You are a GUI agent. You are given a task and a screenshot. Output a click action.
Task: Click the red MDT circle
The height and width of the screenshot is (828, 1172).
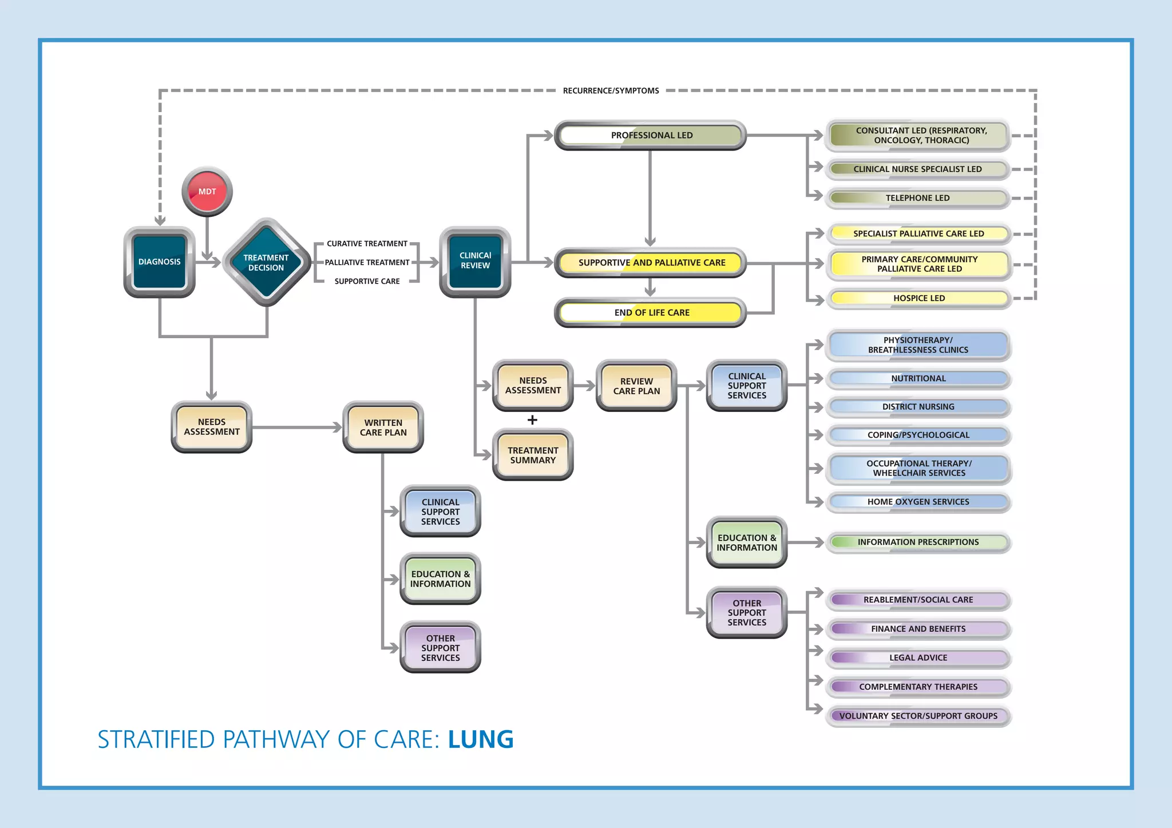click(x=207, y=192)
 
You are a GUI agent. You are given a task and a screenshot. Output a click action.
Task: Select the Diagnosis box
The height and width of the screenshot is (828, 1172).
click(x=160, y=262)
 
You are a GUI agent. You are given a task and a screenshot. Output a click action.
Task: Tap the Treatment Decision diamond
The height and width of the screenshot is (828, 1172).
click(x=266, y=263)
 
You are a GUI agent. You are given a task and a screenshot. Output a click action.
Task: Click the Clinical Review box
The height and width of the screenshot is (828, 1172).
click(x=475, y=262)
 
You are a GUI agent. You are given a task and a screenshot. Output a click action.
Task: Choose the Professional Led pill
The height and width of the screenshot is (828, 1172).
click(x=651, y=136)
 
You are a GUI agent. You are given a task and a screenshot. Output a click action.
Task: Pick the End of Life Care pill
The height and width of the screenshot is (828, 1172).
click(x=651, y=312)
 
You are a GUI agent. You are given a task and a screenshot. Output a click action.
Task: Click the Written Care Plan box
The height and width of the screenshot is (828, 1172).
click(x=383, y=427)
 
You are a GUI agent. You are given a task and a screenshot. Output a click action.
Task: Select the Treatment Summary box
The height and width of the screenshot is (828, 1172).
click(x=533, y=455)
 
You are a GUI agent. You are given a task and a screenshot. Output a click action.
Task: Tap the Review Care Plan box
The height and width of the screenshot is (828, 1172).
click(x=636, y=386)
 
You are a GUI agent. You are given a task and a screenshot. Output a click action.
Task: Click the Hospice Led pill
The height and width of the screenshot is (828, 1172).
click(x=919, y=298)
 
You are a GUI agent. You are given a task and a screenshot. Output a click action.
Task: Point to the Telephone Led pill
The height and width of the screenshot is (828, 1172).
click(x=917, y=198)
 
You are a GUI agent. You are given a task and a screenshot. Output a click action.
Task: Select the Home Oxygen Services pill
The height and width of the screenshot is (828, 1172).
click(x=918, y=502)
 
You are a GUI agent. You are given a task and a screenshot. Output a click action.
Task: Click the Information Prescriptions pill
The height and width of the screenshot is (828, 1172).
click(x=918, y=542)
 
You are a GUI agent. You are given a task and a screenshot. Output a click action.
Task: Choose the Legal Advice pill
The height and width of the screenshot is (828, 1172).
click(x=918, y=657)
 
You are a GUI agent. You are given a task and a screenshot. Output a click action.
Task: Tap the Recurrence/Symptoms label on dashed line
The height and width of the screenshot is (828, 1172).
click(x=611, y=90)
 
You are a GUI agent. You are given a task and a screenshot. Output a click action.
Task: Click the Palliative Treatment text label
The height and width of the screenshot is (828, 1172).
click(x=367, y=263)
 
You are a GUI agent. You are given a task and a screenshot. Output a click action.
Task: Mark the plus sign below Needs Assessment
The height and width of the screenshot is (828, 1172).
click(x=532, y=420)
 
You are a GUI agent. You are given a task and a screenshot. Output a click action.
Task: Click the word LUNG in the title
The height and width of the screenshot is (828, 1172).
click(x=481, y=739)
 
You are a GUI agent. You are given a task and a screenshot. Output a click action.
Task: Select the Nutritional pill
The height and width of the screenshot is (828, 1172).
click(x=918, y=378)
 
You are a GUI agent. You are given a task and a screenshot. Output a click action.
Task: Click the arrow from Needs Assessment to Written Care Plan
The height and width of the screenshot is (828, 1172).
click(x=298, y=427)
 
